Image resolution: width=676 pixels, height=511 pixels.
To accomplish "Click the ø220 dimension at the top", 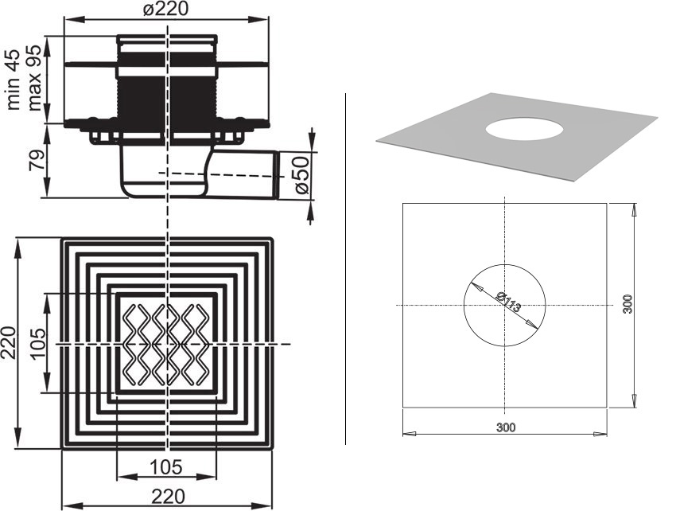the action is pos(166,9).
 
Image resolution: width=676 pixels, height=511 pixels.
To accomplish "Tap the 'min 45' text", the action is pos(14,80).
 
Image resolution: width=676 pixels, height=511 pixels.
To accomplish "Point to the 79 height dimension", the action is pos(37,160).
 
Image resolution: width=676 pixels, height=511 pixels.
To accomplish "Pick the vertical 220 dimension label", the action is pos(8,343).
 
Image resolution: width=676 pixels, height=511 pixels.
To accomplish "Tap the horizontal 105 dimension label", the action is pos(166,467).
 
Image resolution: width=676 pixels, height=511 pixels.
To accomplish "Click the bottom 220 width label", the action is pos(168,497).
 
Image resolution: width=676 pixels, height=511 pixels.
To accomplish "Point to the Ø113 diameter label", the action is pos(509,302).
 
